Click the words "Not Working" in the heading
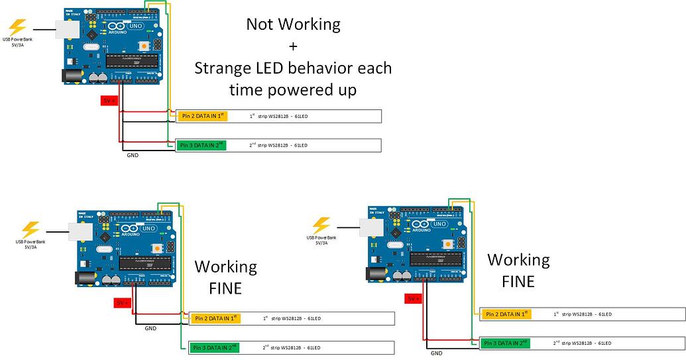[293, 25]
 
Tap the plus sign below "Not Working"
[293, 46]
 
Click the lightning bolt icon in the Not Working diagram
[18, 27]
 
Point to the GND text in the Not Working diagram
[133, 156]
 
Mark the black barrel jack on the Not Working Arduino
[70, 76]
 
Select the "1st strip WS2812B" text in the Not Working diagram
[278, 116]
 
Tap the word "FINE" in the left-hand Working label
[225, 288]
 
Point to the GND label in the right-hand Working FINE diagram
[436, 353]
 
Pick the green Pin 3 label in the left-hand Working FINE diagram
[214, 347]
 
